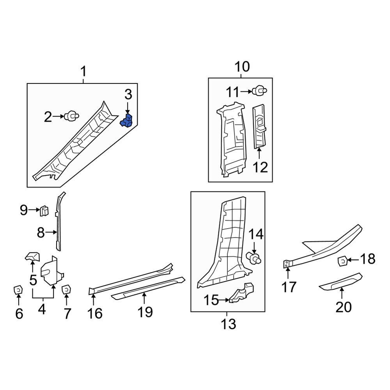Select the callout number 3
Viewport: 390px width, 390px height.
[x=128, y=94]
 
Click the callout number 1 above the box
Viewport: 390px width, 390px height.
[x=83, y=72]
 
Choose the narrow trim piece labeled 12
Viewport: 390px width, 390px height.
[x=260, y=127]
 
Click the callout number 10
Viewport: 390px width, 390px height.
[x=241, y=67]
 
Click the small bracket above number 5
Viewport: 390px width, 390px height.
[x=33, y=257]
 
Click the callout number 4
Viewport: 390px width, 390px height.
[x=42, y=310]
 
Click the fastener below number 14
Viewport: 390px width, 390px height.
[x=254, y=258]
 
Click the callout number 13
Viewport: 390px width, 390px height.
[x=228, y=324]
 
